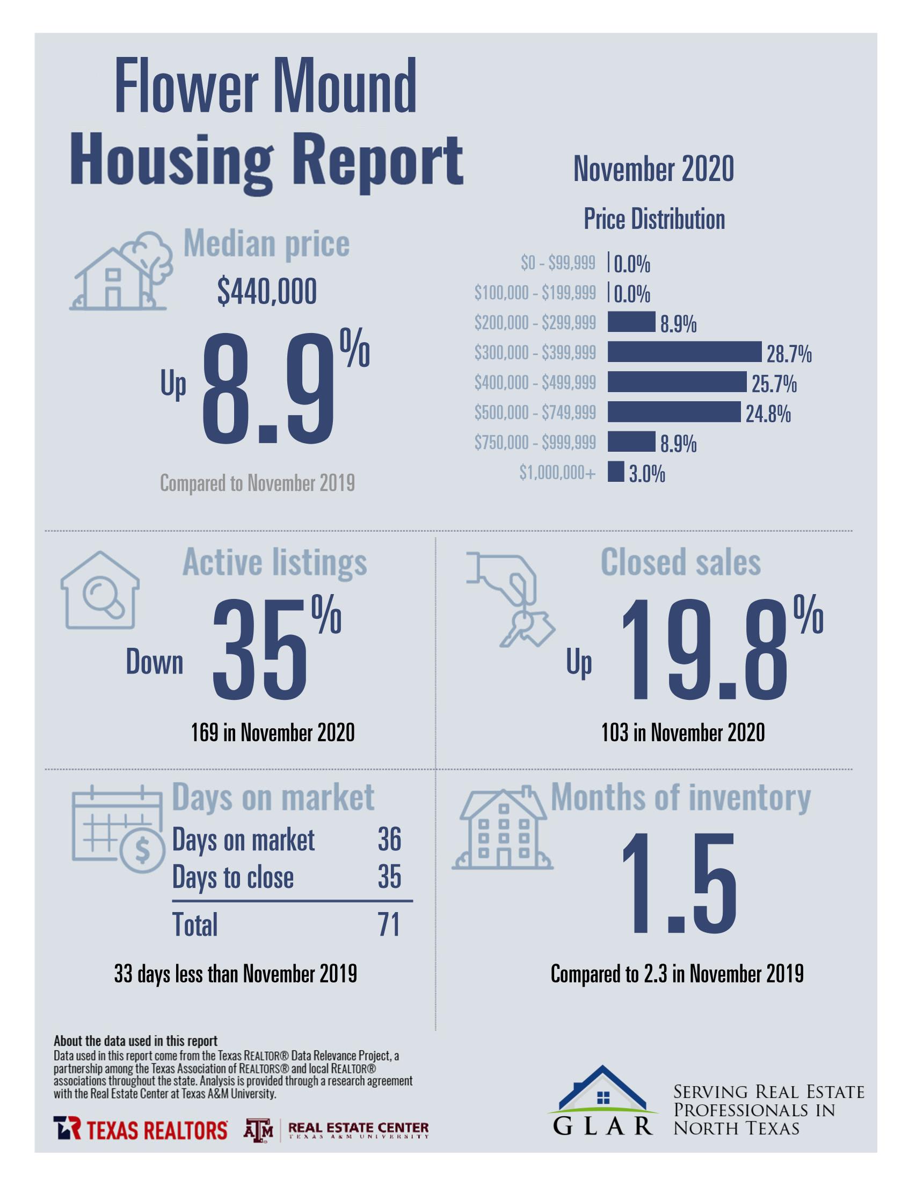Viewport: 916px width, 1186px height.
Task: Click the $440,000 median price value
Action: pos(267,292)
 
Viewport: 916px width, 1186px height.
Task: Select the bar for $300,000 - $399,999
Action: pos(684,352)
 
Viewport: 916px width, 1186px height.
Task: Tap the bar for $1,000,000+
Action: pos(615,472)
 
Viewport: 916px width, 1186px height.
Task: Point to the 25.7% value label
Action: pos(774,385)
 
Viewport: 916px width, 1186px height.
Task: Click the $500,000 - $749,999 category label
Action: pos(534,413)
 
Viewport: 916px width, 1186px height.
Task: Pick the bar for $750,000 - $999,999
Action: pos(631,442)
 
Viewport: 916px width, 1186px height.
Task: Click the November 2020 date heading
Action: pos(653,169)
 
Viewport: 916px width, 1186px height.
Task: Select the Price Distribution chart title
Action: pos(654,219)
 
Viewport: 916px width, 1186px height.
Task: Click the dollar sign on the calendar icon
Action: pos(142,850)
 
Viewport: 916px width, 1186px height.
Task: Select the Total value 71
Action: pos(389,924)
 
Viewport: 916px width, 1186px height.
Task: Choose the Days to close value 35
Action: pos(389,877)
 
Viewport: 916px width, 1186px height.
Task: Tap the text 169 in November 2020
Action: pos(273,733)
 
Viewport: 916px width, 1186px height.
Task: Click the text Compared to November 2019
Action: pos(257,483)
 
